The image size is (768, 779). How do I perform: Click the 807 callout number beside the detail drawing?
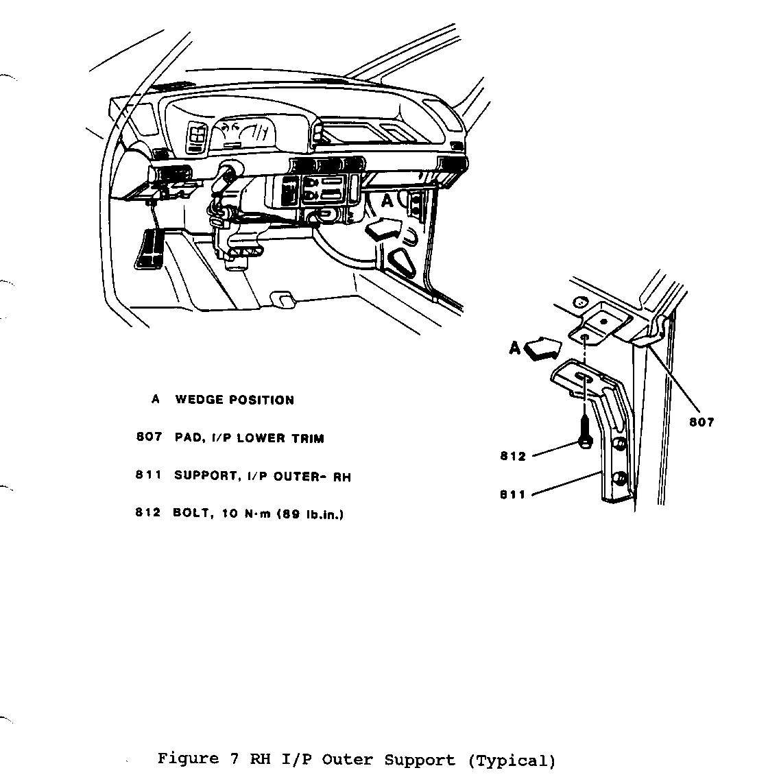[x=701, y=422]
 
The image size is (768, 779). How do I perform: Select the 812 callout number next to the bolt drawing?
[x=513, y=457]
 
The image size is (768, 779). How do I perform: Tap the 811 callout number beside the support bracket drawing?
[x=513, y=495]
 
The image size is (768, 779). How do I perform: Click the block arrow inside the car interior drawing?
[x=385, y=228]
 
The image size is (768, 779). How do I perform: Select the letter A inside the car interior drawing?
[x=387, y=200]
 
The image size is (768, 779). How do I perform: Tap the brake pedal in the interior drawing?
[x=149, y=249]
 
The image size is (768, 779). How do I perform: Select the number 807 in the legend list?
[x=149, y=438]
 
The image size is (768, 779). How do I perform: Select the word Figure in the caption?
[x=184, y=759]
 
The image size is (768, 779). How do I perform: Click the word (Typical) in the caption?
[x=512, y=760]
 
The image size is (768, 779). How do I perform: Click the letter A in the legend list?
[x=156, y=400]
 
